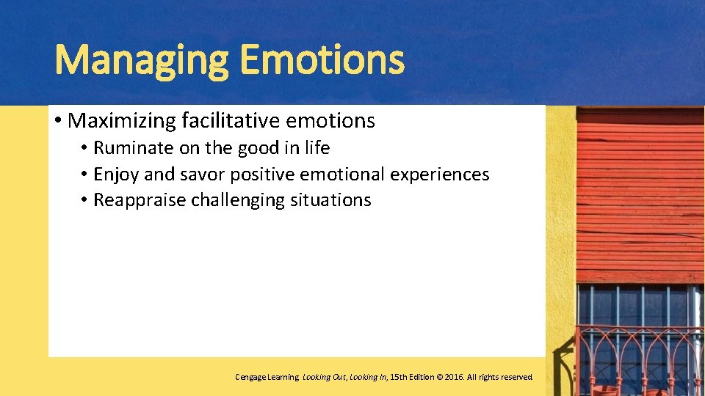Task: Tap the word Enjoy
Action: [x=116, y=175]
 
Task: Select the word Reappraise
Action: [x=140, y=200]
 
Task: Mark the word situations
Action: [x=331, y=200]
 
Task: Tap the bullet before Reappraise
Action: [x=85, y=201]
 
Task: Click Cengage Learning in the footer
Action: [x=267, y=377]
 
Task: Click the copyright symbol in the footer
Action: [x=440, y=377]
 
